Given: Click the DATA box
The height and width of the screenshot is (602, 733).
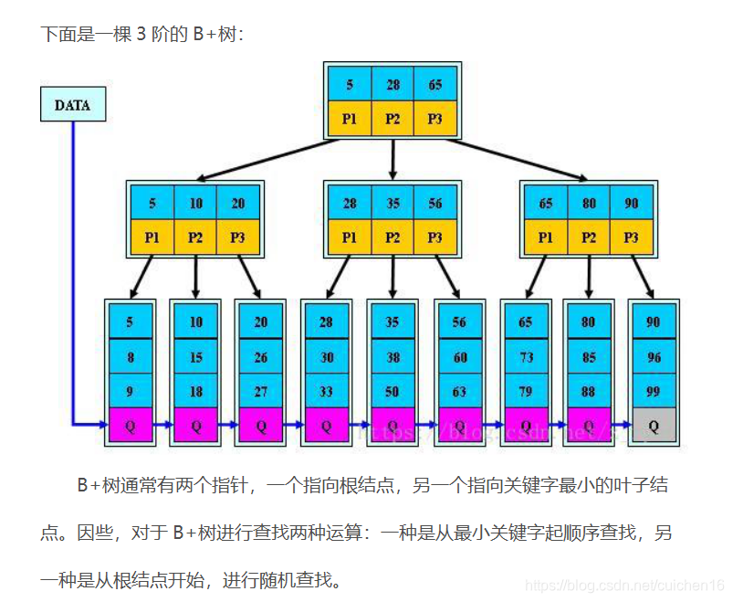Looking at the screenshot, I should coord(72,105).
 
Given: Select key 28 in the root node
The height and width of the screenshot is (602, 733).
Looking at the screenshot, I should coord(393,85).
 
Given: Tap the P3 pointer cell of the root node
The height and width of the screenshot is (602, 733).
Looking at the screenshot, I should coord(435,119).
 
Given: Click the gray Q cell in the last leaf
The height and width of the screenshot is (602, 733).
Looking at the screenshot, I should coord(654,426).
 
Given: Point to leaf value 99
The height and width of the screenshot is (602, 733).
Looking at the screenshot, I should coord(654,391).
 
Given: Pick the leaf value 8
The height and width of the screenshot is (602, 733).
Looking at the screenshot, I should coord(131,357).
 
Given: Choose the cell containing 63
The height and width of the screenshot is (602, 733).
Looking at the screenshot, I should coord(459,391).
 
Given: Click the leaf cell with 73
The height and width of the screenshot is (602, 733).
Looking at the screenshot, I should coord(526,357).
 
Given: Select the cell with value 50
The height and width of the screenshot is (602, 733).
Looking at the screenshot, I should coord(393,391).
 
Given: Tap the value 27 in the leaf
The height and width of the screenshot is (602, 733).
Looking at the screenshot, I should coord(261,391).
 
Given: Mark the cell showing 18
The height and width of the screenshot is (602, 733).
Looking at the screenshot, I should coord(196,391).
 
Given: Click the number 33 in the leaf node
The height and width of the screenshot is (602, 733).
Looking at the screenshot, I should coord(326,391).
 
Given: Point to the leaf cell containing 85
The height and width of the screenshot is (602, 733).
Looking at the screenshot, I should coord(589,357).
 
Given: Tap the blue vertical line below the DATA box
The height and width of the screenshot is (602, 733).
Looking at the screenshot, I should coord(73,274).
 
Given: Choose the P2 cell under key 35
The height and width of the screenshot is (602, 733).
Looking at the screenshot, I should coord(393,238).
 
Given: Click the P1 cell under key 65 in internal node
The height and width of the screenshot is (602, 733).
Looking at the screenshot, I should coord(546,238).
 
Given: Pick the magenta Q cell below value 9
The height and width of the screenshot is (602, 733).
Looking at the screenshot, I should coord(131,426).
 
